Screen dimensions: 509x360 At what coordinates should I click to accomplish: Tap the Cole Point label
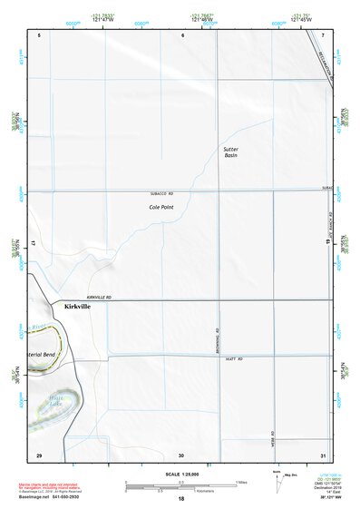click(x=161, y=208)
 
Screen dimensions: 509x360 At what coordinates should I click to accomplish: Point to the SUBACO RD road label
click(x=161, y=194)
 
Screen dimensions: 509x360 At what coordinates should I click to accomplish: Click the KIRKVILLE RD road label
click(x=98, y=298)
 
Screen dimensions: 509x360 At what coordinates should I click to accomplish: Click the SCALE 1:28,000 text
click(x=180, y=474)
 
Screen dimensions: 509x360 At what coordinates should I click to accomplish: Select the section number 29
click(x=39, y=455)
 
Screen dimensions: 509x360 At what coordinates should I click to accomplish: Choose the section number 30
click(x=181, y=455)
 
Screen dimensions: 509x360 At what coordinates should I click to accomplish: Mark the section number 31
click(x=324, y=455)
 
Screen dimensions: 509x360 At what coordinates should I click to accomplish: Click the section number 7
click(x=324, y=34)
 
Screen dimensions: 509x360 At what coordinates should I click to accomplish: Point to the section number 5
click(x=39, y=34)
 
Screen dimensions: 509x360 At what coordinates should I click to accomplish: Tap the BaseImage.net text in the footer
click(x=35, y=501)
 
